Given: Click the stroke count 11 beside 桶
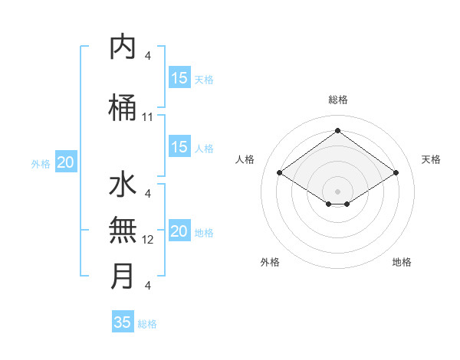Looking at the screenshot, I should point(148,117).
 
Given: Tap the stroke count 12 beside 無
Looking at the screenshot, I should point(148,240).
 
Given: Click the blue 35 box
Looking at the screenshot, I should point(123,322).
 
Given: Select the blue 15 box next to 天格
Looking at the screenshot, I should point(179,78).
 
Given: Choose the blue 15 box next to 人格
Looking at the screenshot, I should point(179,147).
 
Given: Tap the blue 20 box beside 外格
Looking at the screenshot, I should point(66,162).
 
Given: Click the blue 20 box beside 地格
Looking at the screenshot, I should point(179,231).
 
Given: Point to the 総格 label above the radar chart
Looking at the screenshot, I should point(337,100).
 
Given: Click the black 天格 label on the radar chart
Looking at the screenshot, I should point(431,159).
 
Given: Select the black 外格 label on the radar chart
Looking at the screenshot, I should point(270,262).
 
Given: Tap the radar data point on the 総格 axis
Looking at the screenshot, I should point(337,131).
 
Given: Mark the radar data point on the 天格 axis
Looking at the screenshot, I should point(396,173).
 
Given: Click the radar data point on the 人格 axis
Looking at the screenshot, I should point(280,173).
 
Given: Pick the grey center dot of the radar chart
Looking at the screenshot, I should point(337,191).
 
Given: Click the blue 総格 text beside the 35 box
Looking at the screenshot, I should point(147,324).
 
